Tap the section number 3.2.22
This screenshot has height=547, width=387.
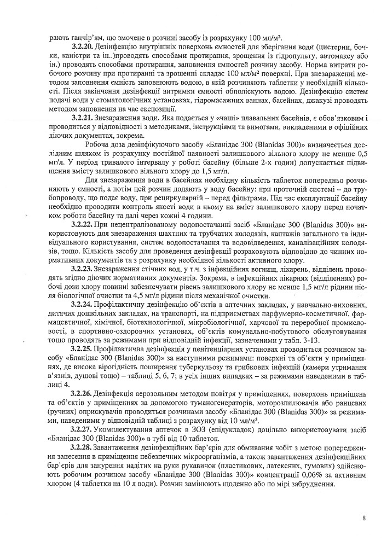(x=83, y=225)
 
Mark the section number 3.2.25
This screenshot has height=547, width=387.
(x=83, y=348)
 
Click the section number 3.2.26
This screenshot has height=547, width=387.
(x=83, y=393)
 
